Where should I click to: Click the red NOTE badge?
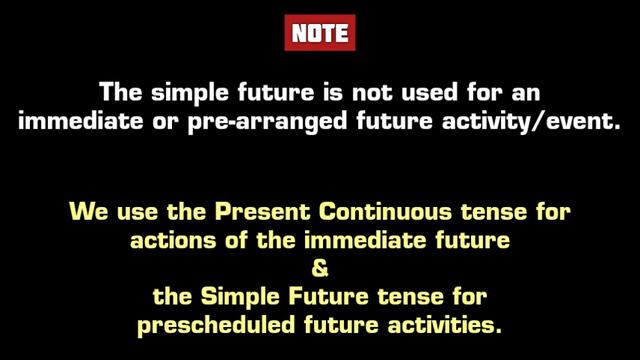coord(320,33)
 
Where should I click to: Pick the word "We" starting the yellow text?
coord(85,212)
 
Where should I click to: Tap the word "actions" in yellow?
coord(165,241)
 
